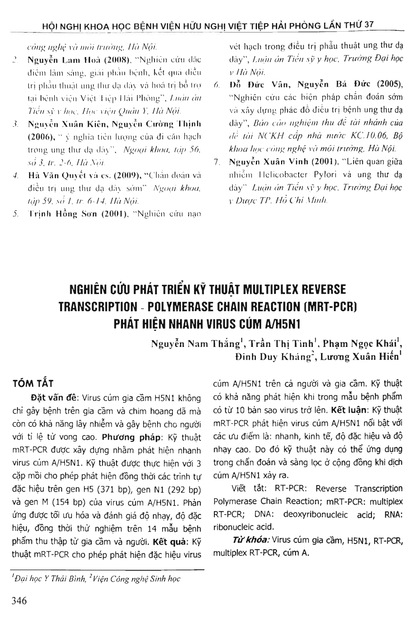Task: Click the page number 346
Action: tap(19, 601)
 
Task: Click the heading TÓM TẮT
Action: tap(34, 383)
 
